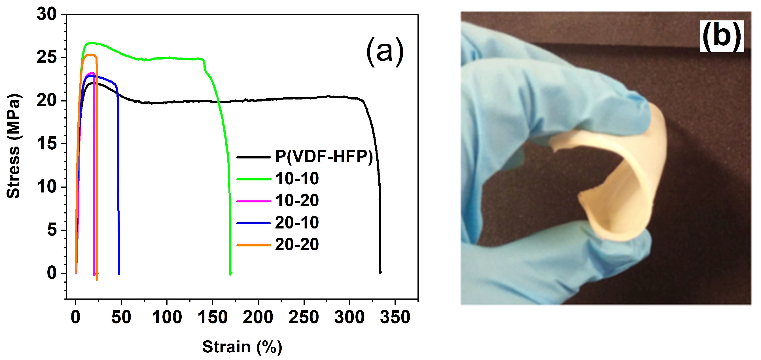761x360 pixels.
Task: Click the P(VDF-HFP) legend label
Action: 324,156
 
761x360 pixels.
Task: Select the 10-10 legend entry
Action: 297,179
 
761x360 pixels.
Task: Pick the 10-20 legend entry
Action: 297,201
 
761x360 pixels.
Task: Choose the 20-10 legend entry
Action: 297,223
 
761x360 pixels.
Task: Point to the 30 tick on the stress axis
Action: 46,14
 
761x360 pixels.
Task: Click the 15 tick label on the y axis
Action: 46,144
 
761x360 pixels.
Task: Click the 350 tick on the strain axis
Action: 395,317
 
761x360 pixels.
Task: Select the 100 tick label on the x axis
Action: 167,317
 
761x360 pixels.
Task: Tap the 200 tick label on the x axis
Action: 258,317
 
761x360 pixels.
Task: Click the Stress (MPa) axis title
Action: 14,146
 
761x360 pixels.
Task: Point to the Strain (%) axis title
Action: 242,346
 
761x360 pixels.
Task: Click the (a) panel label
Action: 385,52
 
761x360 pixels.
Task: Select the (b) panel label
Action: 722,37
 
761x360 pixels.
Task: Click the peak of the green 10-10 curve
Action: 91,43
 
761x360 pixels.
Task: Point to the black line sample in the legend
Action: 253,157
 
